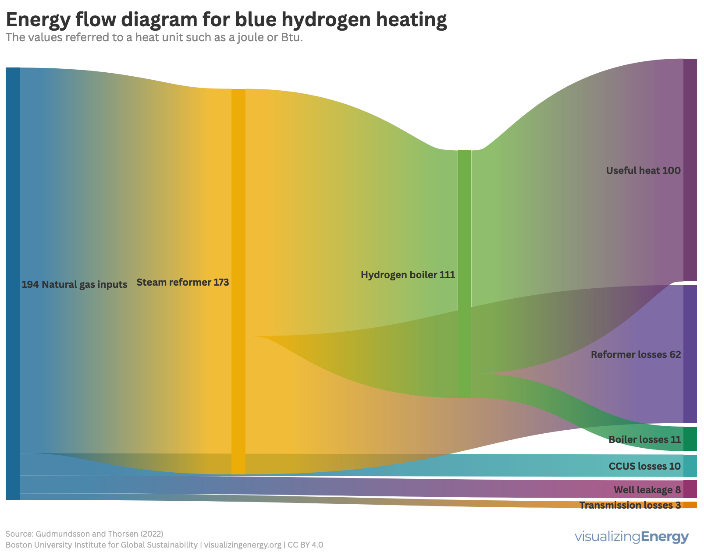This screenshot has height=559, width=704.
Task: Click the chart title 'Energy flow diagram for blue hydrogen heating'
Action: (226, 20)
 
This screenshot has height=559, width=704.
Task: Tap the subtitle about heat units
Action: (154, 38)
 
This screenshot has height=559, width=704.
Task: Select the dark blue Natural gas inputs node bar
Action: (13, 283)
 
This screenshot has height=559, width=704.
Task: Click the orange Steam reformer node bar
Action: (238, 281)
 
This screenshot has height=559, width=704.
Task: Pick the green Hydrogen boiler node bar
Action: (464, 274)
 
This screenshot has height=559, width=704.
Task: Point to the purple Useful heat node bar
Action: (690, 170)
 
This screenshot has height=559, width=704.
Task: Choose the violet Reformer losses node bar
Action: (690, 354)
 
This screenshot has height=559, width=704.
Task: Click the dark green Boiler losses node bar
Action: (690, 439)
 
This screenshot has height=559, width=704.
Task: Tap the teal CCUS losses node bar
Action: (690, 466)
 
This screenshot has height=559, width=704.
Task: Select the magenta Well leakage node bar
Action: (690, 489)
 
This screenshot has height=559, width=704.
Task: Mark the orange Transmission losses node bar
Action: (690, 505)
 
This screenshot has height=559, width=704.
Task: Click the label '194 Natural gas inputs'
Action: (75, 285)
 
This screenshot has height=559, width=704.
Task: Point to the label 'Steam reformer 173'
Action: (183, 283)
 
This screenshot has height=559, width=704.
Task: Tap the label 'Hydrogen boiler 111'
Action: (408, 275)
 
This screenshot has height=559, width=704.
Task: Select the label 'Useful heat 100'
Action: (643, 171)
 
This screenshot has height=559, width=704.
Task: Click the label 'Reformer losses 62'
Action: (636, 355)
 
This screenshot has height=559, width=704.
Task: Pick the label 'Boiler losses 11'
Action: (644, 440)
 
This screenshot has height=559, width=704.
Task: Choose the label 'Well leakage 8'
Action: (647, 490)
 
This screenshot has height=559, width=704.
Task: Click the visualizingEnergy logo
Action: (631, 537)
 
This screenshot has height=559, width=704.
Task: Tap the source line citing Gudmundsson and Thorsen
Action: (84, 534)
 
